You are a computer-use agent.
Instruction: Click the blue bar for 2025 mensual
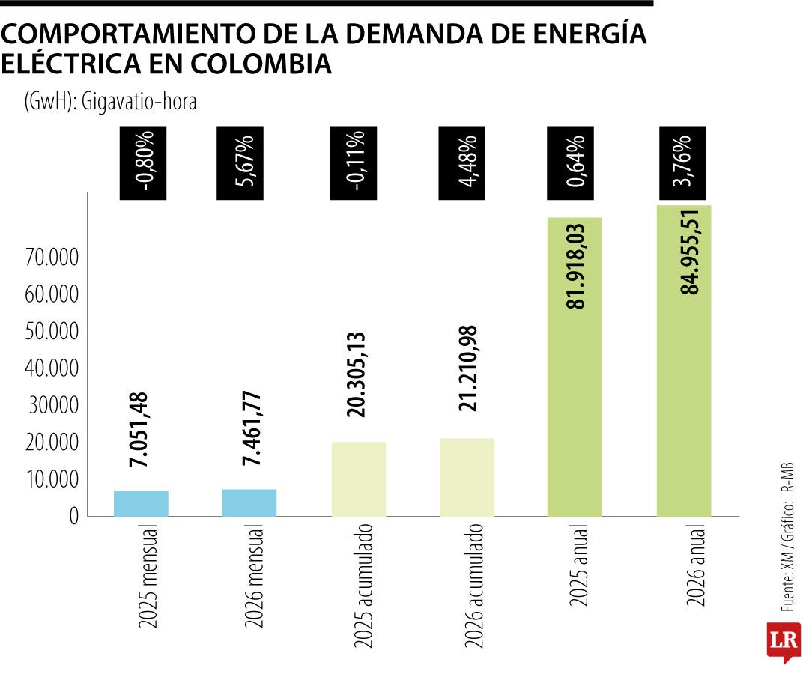141,503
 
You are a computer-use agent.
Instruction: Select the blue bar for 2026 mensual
249,503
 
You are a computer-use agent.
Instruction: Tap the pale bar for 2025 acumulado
359,479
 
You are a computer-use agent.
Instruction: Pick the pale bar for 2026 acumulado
467,477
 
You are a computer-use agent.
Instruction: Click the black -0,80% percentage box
147,163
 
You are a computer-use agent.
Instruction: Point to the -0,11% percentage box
357,163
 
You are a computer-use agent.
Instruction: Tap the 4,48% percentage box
466,163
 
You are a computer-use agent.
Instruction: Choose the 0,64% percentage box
575,163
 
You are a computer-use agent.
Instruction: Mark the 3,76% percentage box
684,163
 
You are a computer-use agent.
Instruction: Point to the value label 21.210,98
467,368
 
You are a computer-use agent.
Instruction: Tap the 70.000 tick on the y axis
52,258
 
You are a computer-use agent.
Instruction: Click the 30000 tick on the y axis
52,406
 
